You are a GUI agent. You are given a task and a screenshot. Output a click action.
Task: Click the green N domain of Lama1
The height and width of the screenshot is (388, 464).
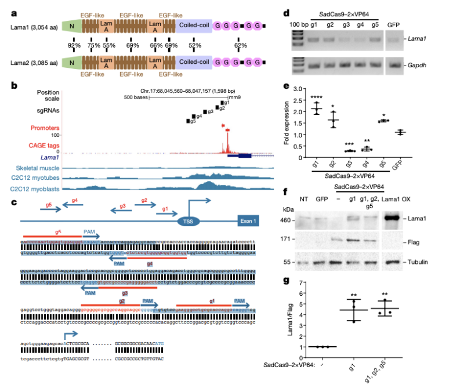coord(71,27)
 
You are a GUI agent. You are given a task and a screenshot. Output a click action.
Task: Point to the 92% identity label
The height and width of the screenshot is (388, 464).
coord(74,45)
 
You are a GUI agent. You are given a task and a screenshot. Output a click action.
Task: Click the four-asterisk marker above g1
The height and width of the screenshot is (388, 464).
coord(316,96)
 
